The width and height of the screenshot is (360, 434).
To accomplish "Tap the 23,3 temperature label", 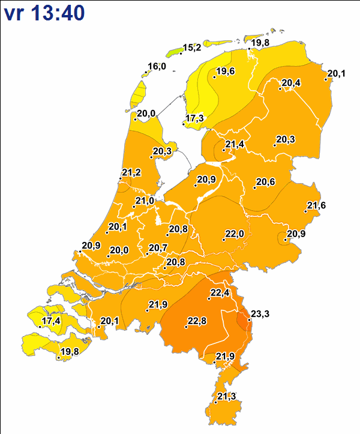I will [260, 314].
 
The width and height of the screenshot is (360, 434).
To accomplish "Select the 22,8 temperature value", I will [197, 321].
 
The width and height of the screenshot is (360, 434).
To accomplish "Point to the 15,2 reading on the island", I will [192, 47].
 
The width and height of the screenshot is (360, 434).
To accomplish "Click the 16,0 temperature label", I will [157, 66].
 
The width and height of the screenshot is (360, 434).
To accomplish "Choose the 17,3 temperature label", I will [195, 118].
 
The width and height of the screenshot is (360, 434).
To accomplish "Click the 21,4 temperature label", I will [235, 144].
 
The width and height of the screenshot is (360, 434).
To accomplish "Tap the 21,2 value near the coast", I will [131, 173].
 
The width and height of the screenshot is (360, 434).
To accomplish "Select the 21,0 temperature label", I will [145, 200].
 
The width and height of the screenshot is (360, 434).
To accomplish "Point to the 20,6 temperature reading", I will [265, 182].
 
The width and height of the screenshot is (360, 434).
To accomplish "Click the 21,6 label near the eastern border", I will [316, 205].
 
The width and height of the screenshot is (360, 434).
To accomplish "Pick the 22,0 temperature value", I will [233, 234].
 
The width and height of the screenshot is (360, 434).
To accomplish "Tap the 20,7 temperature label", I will [158, 247].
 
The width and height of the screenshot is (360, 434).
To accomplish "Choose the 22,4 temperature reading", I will [220, 292].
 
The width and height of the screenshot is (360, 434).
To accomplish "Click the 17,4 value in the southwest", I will [51, 321].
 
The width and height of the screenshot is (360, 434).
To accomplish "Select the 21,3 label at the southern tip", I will [226, 396].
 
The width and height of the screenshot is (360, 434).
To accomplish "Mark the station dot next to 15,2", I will [182, 52].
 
